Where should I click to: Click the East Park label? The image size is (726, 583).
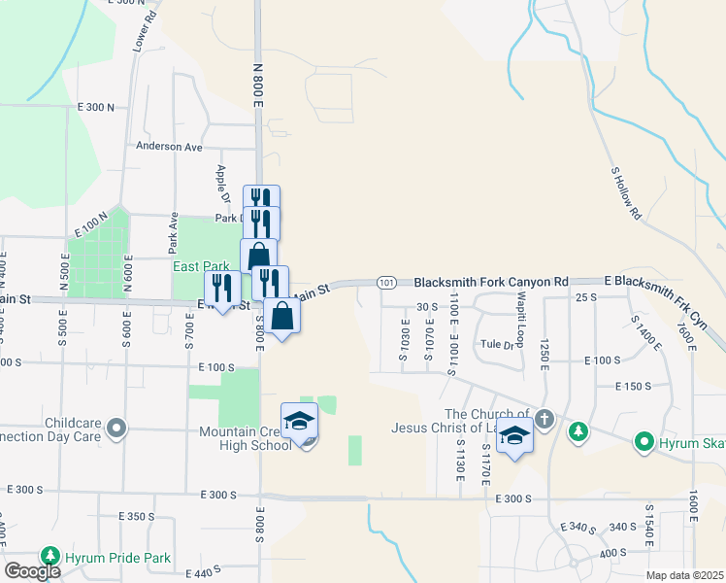[x=201, y=266]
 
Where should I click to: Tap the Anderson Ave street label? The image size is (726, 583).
[x=169, y=147]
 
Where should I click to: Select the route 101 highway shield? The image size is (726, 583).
[x=386, y=283]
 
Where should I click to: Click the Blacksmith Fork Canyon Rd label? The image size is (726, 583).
[x=491, y=282]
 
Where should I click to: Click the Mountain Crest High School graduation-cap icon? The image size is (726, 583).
[x=300, y=421]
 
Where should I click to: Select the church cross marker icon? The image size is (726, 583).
[x=544, y=420]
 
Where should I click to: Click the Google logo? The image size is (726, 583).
[x=32, y=571]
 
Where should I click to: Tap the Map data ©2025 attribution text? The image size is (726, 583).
[x=685, y=575]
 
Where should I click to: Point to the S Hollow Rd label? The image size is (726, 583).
[x=627, y=192]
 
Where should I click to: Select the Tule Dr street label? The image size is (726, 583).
[x=496, y=344]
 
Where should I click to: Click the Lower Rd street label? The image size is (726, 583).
[x=144, y=32]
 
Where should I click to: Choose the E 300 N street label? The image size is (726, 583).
[x=95, y=108]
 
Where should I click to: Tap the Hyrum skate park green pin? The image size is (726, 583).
[x=643, y=443]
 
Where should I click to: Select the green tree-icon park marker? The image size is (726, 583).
[x=577, y=432]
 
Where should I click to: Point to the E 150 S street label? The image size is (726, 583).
[x=634, y=387]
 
